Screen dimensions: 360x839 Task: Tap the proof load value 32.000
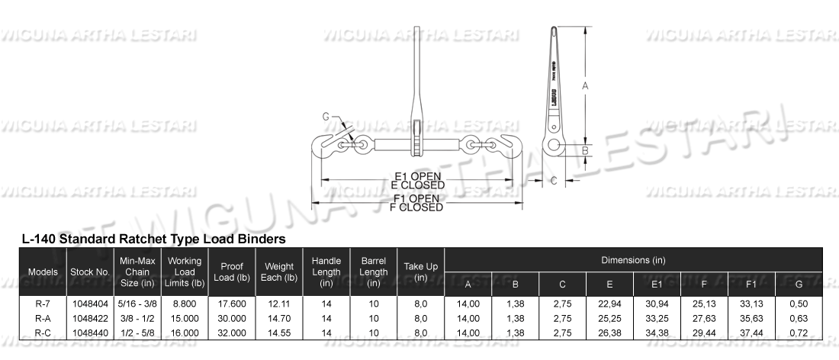[x=231, y=333]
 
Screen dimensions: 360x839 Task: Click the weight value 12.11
[x=279, y=304]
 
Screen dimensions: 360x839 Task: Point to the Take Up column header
[x=420, y=272]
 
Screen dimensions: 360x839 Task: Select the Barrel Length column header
[x=373, y=272]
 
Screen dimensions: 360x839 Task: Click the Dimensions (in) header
[x=633, y=260]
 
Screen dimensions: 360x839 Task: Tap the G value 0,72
[x=799, y=333]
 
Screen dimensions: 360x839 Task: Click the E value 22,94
[x=609, y=304]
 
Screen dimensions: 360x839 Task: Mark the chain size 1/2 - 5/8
[x=137, y=333]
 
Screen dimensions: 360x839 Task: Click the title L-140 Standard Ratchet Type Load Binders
[x=154, y=239]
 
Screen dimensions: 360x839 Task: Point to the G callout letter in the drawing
[x=326, y=117]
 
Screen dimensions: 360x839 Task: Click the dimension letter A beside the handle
[x=585, y=86]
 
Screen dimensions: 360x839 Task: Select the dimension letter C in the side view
[x=554, y=181]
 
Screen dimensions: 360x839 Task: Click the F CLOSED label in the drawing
[x=416, y=207]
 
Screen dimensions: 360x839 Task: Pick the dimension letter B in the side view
[x=585, y=150]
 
